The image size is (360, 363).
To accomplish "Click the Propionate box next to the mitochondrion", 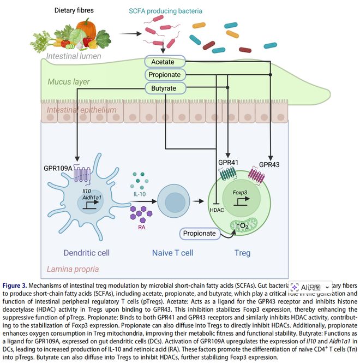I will coord(198,233).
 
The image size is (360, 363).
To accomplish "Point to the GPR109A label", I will coord(57,168).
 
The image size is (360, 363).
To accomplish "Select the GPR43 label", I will coord(270,164).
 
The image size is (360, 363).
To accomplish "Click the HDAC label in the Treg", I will coord(217,209).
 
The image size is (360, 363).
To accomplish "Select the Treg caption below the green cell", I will coord(243,253).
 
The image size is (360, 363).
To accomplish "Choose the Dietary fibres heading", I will coord(79,10).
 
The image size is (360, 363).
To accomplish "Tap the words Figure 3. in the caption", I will coord(17,285).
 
